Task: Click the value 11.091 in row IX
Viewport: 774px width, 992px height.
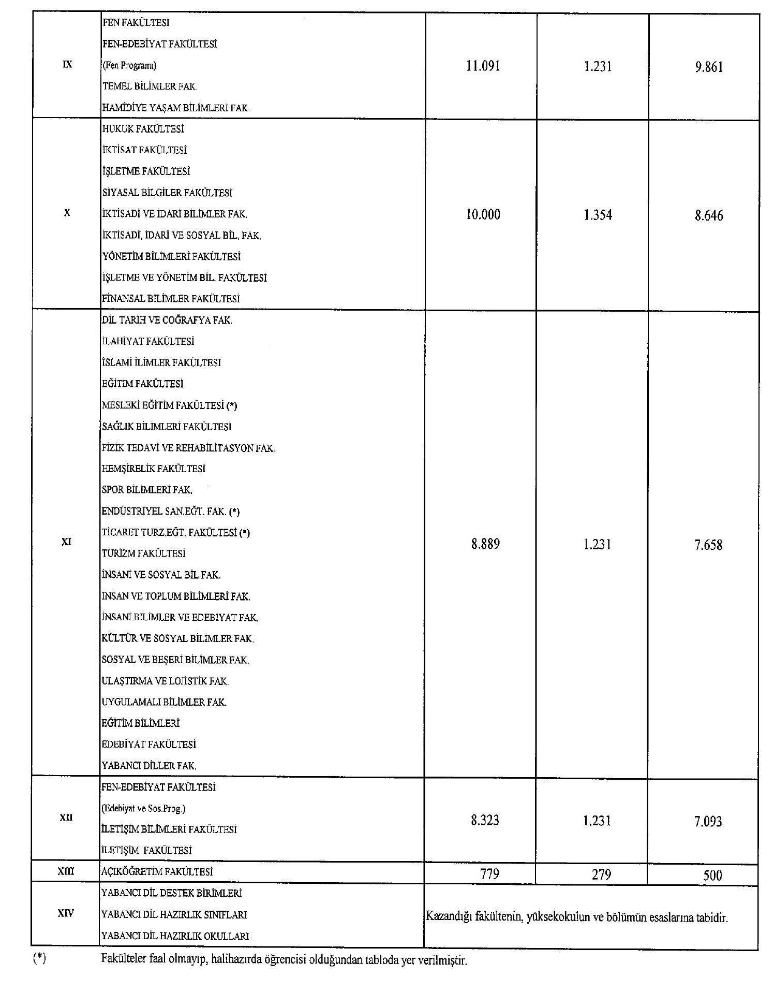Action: click(x=483, y=66)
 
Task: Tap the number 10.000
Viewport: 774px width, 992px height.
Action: click(x=483, y=215)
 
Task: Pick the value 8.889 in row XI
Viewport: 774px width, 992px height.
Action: click(x=485, y=544)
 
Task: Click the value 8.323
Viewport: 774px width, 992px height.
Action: click(x=484, y=820)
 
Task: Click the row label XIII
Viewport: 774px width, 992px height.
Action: click(x=66, y=872)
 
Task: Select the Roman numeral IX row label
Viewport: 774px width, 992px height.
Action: click(x=67, y=65)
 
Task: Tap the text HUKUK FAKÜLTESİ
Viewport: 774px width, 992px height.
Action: click(x=143, y=129)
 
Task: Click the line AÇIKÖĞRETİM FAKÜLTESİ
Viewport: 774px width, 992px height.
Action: click(x=157, y=872)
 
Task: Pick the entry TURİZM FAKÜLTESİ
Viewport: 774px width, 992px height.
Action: click(x=143, y=553)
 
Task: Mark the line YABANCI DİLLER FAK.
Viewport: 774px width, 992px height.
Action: click(x=149, y=766)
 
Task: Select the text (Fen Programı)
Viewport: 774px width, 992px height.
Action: click(x=129, y=66)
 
